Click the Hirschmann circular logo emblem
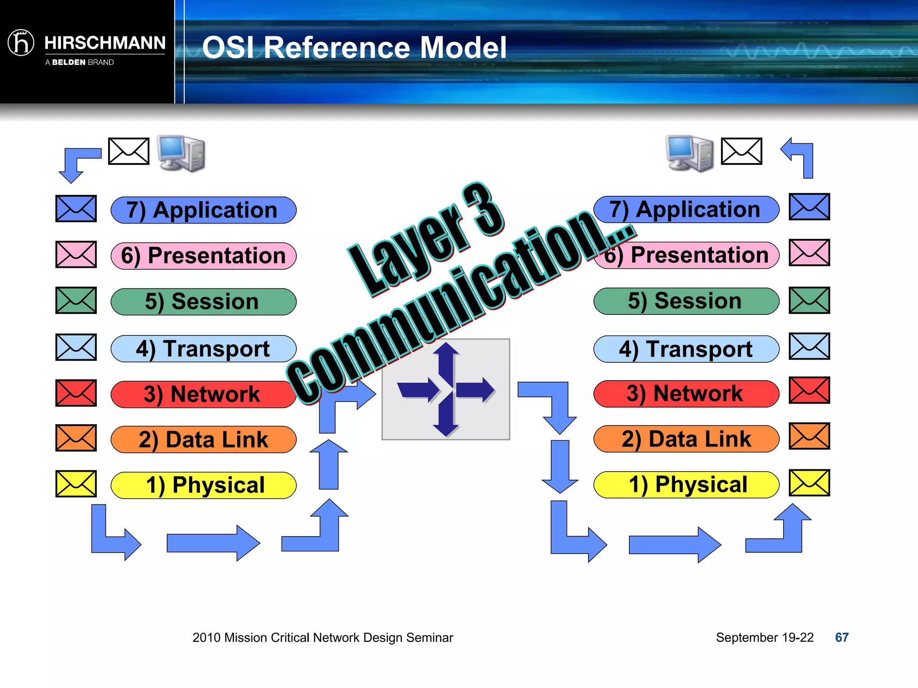tap(21, 43)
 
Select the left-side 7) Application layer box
tap(204, 210)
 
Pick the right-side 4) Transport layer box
tap(686, 349)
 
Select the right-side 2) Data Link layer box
tap(686, 439)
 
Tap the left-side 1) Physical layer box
tap(204, 485)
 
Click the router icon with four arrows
tap(446, 389)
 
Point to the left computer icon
tap(182, 153)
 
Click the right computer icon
tap(690, 153)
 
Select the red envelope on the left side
tap(76, 393)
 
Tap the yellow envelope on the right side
tap(809, 482)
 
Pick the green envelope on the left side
tap(76, 300)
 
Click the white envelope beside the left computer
tap(129, 151)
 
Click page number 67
tap(842, 637)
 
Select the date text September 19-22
tap(764, 637)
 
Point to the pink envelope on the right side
tap(809, 253)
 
